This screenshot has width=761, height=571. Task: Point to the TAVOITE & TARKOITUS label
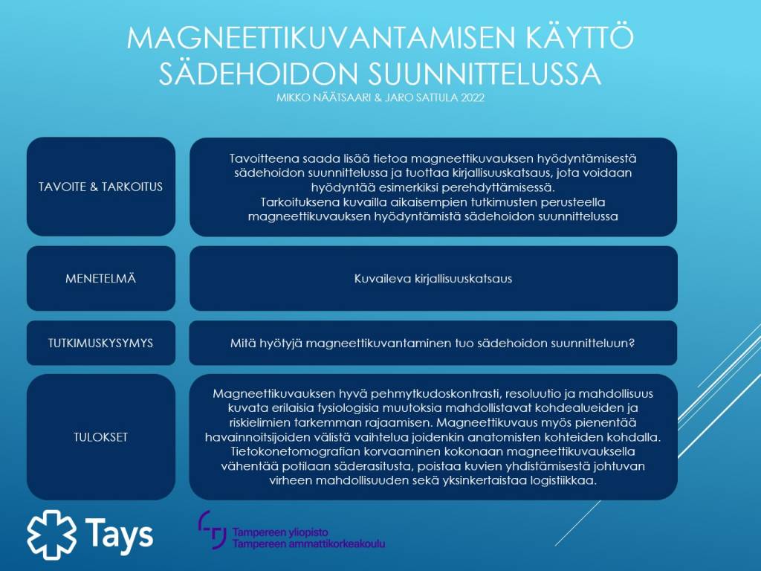[100, 187]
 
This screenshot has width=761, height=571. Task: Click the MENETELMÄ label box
[100, 279]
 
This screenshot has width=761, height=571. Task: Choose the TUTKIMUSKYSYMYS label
[100, 343]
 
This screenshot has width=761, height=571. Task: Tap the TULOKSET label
[100, 436]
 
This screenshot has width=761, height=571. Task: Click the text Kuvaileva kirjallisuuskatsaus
[433, 279]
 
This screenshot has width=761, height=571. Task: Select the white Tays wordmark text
[119, 534]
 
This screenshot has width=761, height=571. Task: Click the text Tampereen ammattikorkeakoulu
[308, 544]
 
